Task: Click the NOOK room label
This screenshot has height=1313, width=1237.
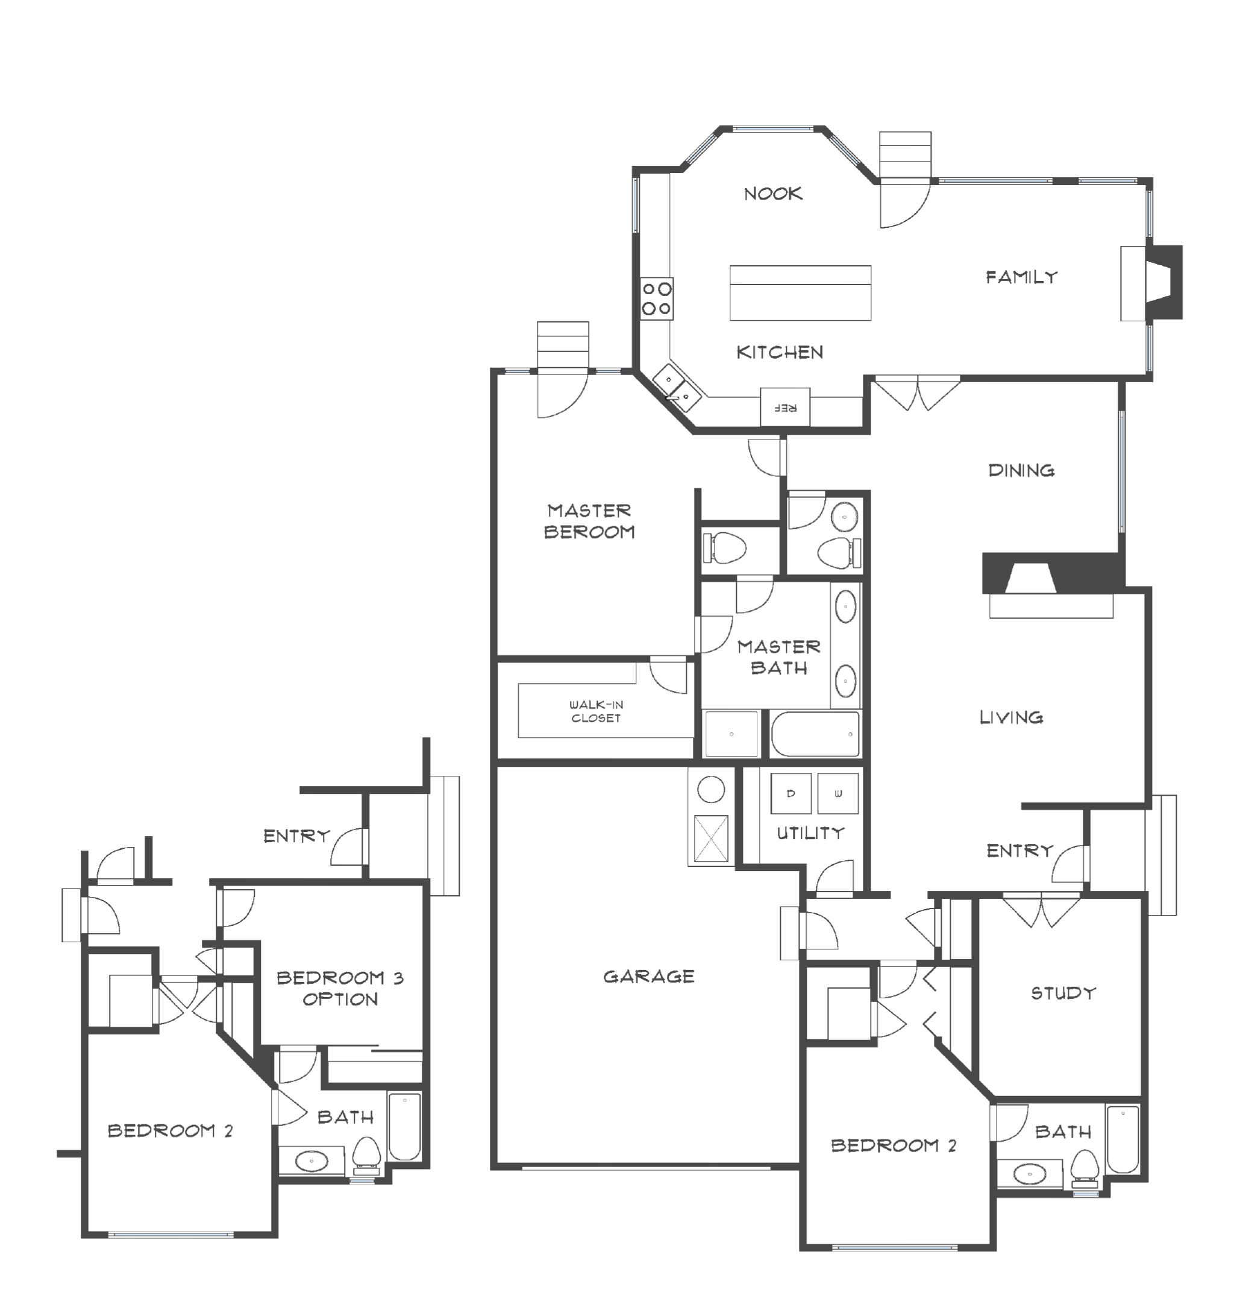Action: (773, 194)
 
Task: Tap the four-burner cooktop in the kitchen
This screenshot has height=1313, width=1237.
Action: (657, 298)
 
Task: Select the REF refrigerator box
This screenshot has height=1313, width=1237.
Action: (785, 408)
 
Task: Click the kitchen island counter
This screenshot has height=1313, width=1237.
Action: (800, 293)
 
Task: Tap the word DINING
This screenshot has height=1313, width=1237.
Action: (1021, 470)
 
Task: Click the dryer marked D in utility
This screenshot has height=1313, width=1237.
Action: (791, 793)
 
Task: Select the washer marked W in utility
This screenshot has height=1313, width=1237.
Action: (838, 793)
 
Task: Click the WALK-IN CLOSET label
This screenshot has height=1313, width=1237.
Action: (596, 711)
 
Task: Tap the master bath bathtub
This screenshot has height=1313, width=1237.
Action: (815, 734)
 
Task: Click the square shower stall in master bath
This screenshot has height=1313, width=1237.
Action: (731, 734)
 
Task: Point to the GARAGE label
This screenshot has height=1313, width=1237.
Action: (649, 976)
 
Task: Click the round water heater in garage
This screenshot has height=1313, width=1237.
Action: (711, 789)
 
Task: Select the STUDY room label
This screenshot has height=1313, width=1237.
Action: (1063, 993)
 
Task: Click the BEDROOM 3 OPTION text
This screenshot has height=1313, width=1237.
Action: (340, 988)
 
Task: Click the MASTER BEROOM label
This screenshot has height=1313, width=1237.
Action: (589, 521)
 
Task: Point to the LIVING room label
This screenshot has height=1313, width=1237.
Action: (1011, 717)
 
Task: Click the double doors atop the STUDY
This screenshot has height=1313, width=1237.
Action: (1041, 910)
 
